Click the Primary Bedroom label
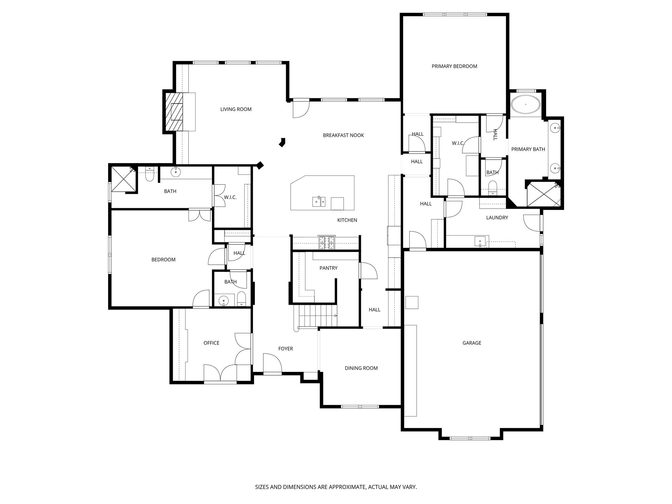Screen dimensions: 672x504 click(x=454, y=66)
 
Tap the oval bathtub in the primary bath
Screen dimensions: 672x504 click(x=526, y=104)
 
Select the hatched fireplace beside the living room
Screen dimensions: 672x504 click(x=174, y=112)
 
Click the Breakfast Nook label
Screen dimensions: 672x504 click(x=343, y=135)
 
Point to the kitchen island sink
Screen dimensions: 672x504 click(x=319, y=202)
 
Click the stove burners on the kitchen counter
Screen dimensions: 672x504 click(x=327, y=243)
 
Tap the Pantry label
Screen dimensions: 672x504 click(x=328, y=268)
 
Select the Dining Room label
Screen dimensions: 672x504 click(x=361, y=368)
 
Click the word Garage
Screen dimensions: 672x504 click(x=472, y=343)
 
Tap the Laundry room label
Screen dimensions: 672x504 click(x=497, y=218)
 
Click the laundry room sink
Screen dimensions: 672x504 click(x=480, y=241)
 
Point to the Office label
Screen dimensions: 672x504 click(x=211, y=343)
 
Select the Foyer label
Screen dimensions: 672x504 click(x=286, y=349)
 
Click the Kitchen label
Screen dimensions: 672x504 click(x=347, y=220)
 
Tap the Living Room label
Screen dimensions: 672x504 click(x=236, y=109)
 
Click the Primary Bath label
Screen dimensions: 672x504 click(x=528, y=149)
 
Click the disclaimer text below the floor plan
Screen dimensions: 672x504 click(x=336, y=487)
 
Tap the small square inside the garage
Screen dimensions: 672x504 click(x=412, y=302)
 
